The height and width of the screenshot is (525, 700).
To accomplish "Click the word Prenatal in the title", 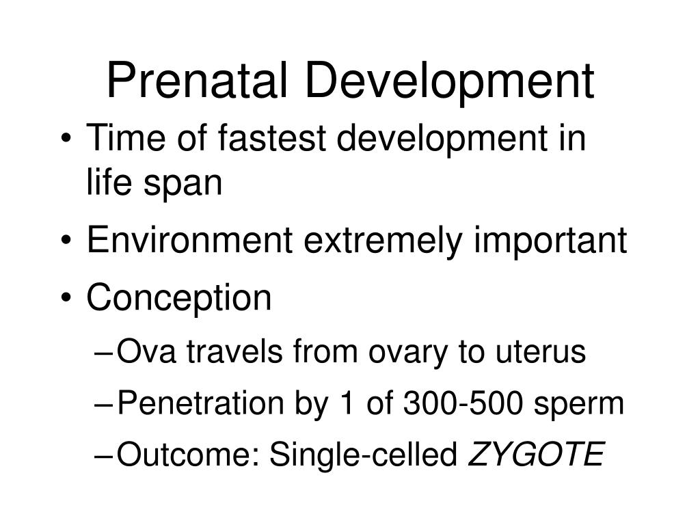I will [200, 79].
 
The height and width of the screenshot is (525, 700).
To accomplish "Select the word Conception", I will [179, 298].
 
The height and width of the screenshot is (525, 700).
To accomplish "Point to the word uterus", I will [541, 353].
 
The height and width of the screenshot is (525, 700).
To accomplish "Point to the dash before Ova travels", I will [104, 353].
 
